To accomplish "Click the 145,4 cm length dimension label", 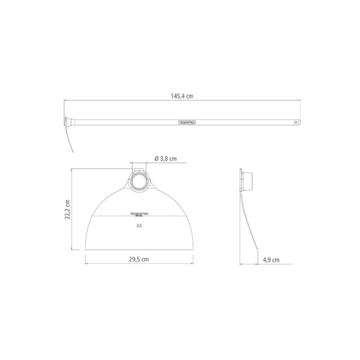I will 184,96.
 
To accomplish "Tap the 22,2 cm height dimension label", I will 68,209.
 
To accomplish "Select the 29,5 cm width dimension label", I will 139,259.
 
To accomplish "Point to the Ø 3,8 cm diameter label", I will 165,158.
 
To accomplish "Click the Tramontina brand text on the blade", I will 139,213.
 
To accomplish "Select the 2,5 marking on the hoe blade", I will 139,226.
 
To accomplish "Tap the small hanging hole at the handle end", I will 294,122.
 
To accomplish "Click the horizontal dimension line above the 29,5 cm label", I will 139,264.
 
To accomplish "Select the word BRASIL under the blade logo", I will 139,216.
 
